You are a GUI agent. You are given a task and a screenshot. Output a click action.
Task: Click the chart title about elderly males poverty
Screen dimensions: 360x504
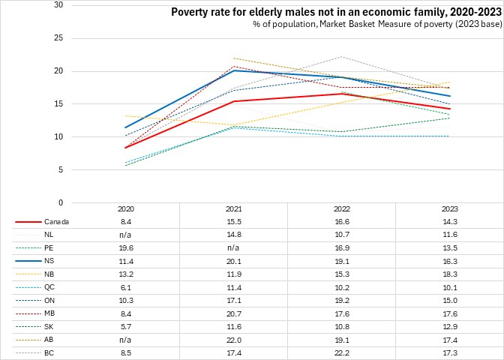[335, 12]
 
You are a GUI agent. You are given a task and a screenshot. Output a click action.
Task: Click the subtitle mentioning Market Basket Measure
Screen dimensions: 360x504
[376, 25]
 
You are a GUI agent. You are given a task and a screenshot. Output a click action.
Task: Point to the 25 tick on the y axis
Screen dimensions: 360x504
[58, 38]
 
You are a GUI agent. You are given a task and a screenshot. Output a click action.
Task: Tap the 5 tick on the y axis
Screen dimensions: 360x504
[61, 169]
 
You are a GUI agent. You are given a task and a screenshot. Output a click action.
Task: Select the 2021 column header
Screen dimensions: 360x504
[233, 209]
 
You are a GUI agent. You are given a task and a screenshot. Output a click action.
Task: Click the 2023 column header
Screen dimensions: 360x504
[449, 209]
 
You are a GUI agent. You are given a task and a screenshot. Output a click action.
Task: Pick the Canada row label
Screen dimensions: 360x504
[56, 222]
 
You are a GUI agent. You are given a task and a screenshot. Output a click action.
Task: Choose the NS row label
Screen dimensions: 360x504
[49, 260]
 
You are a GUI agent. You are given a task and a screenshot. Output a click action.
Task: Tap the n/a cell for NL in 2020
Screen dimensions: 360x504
[126, 235]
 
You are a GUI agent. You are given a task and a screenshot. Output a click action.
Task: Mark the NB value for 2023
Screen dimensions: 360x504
[449, 274]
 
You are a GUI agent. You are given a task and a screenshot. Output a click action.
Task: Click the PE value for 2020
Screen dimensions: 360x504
[126, 247]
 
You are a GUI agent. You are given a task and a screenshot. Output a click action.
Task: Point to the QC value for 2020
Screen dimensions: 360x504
[126, 286]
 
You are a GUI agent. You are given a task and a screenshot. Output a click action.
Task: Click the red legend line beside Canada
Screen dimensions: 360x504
[27, 222]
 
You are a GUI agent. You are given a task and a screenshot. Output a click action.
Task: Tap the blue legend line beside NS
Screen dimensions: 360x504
[27, 260]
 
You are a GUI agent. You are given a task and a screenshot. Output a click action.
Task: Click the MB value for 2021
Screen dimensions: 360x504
[233, 312]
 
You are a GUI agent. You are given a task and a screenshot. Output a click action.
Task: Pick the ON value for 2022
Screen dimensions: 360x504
[341, 299]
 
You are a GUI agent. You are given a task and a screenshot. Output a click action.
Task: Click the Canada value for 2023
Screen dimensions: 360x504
[449, 222]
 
